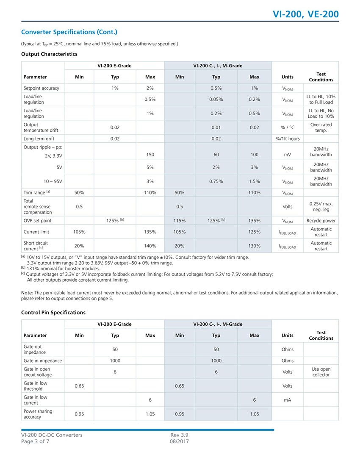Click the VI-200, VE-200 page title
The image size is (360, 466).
pyautogui.click(x=305, y=14)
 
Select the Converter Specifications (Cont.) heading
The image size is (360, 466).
pyautogui.click(x=69, y=32)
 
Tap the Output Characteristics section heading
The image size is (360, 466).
pyautogui.click(x=49, y=54)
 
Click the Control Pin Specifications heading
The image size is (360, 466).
pyautogui.click(x=53, y=312)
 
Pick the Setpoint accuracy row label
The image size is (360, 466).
pyautogui.click(x=42, y=88)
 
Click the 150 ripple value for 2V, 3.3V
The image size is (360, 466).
pyautogui.click(x=150, y=155)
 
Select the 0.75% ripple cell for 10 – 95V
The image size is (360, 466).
pyautogui.click(x=216, y=181)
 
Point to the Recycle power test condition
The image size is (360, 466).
pyautogui.click(x=321, y=221)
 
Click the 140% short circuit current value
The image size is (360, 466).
pyautogui.click(x=150, y=246)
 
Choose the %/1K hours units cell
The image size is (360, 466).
pyautogui.click(x=287, y=139)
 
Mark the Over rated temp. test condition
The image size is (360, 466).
pyautogui.click(x=321, y=128)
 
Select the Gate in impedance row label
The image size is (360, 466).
pyautogui.click(x=43, y=361)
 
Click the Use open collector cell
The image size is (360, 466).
pyautogui.click(x=321, y=372)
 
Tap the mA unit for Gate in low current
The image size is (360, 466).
pyautogui.click(x=287, y=400)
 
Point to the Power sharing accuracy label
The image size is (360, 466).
pyautogui.click(x=38, y=414)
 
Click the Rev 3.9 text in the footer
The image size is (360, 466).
pyautogui.click(x=179, y=435)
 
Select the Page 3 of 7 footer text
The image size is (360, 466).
pyautogui.click(x=38, y=441)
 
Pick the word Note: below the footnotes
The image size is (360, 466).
pyautogui.click(x=27, y=293)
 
